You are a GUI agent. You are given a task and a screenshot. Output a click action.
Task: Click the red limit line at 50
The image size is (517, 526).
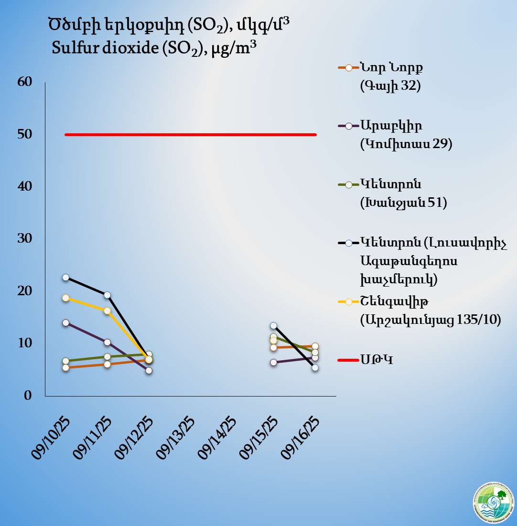pyautogui.click(x=191, y=135)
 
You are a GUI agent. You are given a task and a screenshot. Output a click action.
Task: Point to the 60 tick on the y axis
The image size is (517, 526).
pyautogui.click(x=24, y=82)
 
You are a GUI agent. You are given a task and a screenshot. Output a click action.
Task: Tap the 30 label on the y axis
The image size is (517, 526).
pyautogui.click(x=24, y=238)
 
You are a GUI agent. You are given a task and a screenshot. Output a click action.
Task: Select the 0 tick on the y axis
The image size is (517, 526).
pyautogui.click(x=28, y=396)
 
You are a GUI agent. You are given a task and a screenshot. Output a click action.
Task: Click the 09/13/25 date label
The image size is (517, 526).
pyautogui.click(x=176, y=438)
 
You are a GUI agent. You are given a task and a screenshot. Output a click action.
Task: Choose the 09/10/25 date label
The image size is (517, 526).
pyautogui.click(x=51, y=438)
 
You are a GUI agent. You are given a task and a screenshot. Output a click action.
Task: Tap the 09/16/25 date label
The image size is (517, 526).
pyautogui.click(x=301, y=438)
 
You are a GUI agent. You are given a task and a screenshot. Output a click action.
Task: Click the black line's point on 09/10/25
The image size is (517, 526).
pyautogui.click(x=66, y=277)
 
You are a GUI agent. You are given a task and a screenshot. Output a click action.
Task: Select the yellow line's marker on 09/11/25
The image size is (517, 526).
pyautogui.click(x=108, y=311)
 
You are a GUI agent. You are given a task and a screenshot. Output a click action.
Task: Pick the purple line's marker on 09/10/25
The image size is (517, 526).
pyautogui.click(x=66, y=323)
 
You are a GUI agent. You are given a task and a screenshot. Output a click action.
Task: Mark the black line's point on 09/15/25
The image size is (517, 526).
pyautogui.click(x=274, y=326)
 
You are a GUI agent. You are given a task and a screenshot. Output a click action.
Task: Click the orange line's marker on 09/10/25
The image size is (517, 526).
pyautogui.click(x=66, y=367)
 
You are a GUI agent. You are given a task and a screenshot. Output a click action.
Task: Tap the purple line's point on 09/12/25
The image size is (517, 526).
pyautogui.click(x=149, y=370)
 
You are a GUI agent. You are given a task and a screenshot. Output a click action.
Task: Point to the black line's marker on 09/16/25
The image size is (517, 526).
pyautogui.click(x=315, y=367)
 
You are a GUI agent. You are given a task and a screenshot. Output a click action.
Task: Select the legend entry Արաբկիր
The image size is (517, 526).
pyautogui.click(x=392, y=126)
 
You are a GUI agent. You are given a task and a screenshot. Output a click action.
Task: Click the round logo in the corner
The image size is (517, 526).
pyautogui.click(x=493, y=503)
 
